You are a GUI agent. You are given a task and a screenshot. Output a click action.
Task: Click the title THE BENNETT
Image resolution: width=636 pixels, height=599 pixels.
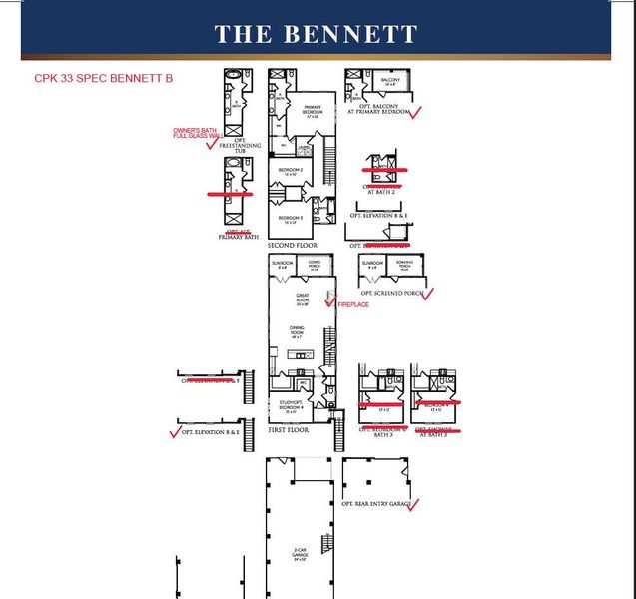pyautogui.click(x=317, y=34)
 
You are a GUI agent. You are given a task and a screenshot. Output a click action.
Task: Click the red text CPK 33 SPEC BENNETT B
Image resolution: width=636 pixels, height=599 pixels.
pyautogui.click(x=97, y=78)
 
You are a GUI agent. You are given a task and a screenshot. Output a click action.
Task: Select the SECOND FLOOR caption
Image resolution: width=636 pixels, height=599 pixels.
pyautogui.click(x=293, y=244)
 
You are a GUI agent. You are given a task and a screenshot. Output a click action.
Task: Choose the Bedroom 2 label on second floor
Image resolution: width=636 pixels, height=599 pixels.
pyautogui.click(x=291, y=171)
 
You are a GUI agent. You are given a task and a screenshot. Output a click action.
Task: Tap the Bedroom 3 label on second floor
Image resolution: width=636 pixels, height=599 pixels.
pyautogui.click(x=290, y=218)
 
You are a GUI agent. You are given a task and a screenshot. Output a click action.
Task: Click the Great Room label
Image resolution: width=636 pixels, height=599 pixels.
pyautogui.click(x=303, y=298)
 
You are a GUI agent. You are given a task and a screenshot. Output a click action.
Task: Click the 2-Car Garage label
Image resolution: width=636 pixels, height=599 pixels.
pyautogui.click(x=299, y=552)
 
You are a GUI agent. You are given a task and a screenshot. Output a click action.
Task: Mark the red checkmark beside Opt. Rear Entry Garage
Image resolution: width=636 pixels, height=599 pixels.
pyautogui.click(x=412, y=505)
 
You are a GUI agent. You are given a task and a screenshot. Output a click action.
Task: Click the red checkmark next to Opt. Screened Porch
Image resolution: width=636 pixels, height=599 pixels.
pyautogui.click(x=428, y=294)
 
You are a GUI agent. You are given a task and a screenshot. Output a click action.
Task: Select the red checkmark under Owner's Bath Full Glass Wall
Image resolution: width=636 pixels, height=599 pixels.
pyautogui.click(x=210, y=146)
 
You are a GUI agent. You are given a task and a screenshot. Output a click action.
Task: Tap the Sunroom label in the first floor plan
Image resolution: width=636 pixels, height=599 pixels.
pyautogui.click(x=281, y=265)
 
